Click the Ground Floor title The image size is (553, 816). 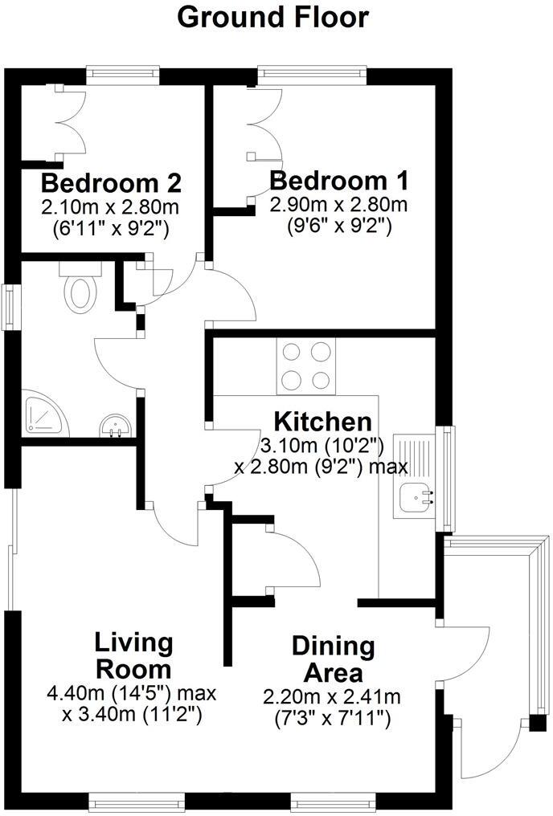(272, 18)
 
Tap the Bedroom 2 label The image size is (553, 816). (111, 183)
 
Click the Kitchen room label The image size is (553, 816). (323, 422)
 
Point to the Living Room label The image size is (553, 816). (133, 656)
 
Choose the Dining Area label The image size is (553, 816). (333, 659)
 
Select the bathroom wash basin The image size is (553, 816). (115, 426)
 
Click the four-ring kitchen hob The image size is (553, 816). (306, 365)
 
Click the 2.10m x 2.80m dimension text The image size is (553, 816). (111, 207)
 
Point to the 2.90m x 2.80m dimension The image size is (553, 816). (338, 205)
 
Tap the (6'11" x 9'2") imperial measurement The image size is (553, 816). (111, 229)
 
